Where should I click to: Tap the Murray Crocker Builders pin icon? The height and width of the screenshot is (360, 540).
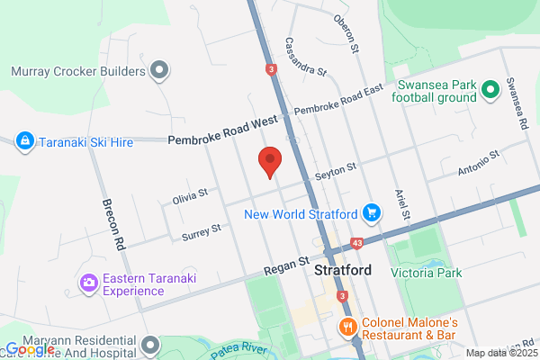160,69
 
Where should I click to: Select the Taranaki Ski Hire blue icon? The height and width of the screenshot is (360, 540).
24,140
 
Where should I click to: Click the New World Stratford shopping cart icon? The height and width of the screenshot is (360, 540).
371,213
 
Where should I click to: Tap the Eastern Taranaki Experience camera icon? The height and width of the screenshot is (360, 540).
88,283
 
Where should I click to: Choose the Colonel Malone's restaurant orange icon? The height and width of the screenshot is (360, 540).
345,325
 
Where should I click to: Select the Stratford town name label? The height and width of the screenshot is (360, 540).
343,269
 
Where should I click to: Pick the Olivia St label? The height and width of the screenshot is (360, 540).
190,193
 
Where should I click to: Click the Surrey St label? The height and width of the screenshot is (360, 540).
201,231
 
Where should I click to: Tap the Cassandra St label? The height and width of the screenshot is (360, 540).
306,56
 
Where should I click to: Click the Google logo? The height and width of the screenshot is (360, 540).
29,348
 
